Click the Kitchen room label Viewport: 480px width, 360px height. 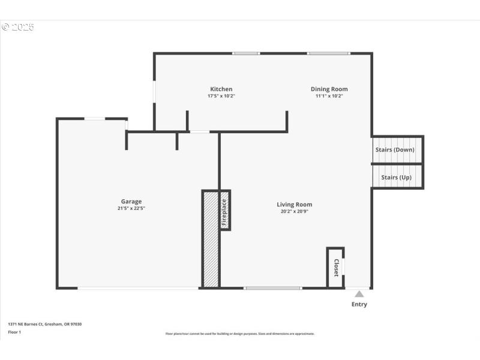[221, 89]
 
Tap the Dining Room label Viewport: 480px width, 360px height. [329, 89]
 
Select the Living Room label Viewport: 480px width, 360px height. [294, 205]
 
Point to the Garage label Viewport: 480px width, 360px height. [131, 202]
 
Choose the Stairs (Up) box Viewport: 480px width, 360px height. [397, 178]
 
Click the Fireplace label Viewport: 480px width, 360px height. [224, 211]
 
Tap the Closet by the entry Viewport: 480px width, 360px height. [336, 267]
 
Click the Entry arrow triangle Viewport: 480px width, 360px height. [359, 294]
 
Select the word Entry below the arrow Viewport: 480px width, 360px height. [359, 304]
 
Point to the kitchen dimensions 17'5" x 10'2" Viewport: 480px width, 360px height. [221, 96]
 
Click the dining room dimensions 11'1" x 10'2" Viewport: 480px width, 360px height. [329, 96]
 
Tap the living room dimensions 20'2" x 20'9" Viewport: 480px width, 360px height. [294, 211]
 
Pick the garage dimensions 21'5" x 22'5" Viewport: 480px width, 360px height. [131, 208]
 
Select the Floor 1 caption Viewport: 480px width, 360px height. [14, 332]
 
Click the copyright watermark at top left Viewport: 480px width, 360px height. [18, 27]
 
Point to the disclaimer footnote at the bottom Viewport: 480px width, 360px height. [240, 334]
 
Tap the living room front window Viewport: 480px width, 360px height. [273, 289]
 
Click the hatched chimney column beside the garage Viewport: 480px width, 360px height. [210, 240]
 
